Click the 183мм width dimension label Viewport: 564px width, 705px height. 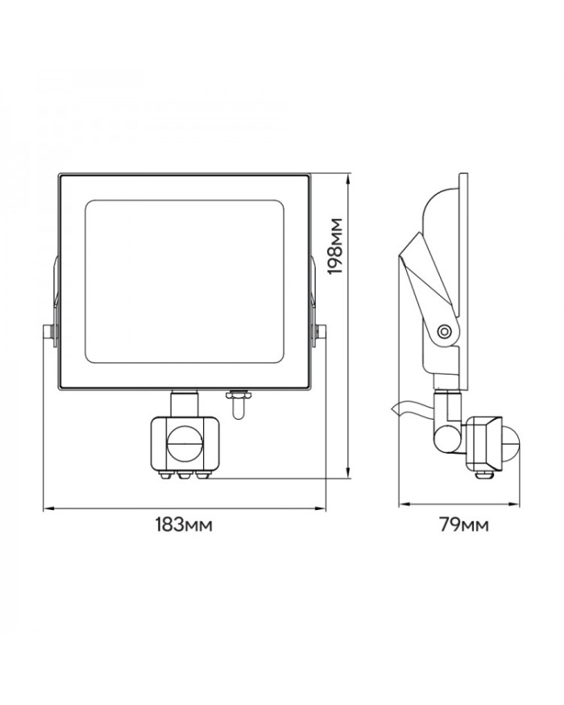(184, 525)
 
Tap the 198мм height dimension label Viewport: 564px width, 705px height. (334, 247)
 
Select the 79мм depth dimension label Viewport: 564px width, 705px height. (464, 525)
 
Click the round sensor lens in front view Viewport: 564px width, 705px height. (185, 443)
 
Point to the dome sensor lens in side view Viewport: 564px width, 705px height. (511, 444)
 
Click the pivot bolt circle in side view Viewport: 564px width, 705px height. (445, 331)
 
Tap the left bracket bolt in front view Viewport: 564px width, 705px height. (49, 332)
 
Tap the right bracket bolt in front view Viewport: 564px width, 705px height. (320, 332)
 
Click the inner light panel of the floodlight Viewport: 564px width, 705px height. (185, 281)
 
